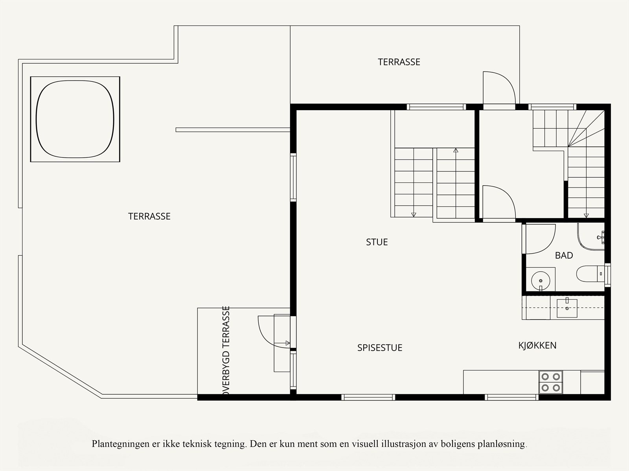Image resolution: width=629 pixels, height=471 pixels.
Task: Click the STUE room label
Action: tap(377, 242)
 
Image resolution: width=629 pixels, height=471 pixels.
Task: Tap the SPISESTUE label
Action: tap(379, 348)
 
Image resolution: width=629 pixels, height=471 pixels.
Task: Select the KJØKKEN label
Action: tap(537, 346)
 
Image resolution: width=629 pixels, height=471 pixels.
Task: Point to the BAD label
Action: tap(564, 256)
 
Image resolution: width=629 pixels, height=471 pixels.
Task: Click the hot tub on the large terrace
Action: tap(75, 119)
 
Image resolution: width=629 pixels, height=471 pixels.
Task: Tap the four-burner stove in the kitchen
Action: tap(550, 382)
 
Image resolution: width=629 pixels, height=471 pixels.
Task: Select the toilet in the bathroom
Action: tap(589, 273)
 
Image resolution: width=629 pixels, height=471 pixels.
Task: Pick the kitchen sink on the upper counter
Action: tap(567, 308)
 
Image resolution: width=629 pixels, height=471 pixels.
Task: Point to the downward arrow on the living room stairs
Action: tap(414, 214)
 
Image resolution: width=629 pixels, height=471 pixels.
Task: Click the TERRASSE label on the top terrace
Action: tap(399, 62)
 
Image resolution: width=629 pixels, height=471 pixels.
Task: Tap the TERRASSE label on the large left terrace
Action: tap(149, 216)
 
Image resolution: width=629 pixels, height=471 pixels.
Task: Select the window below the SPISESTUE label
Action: tap(368, 397)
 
